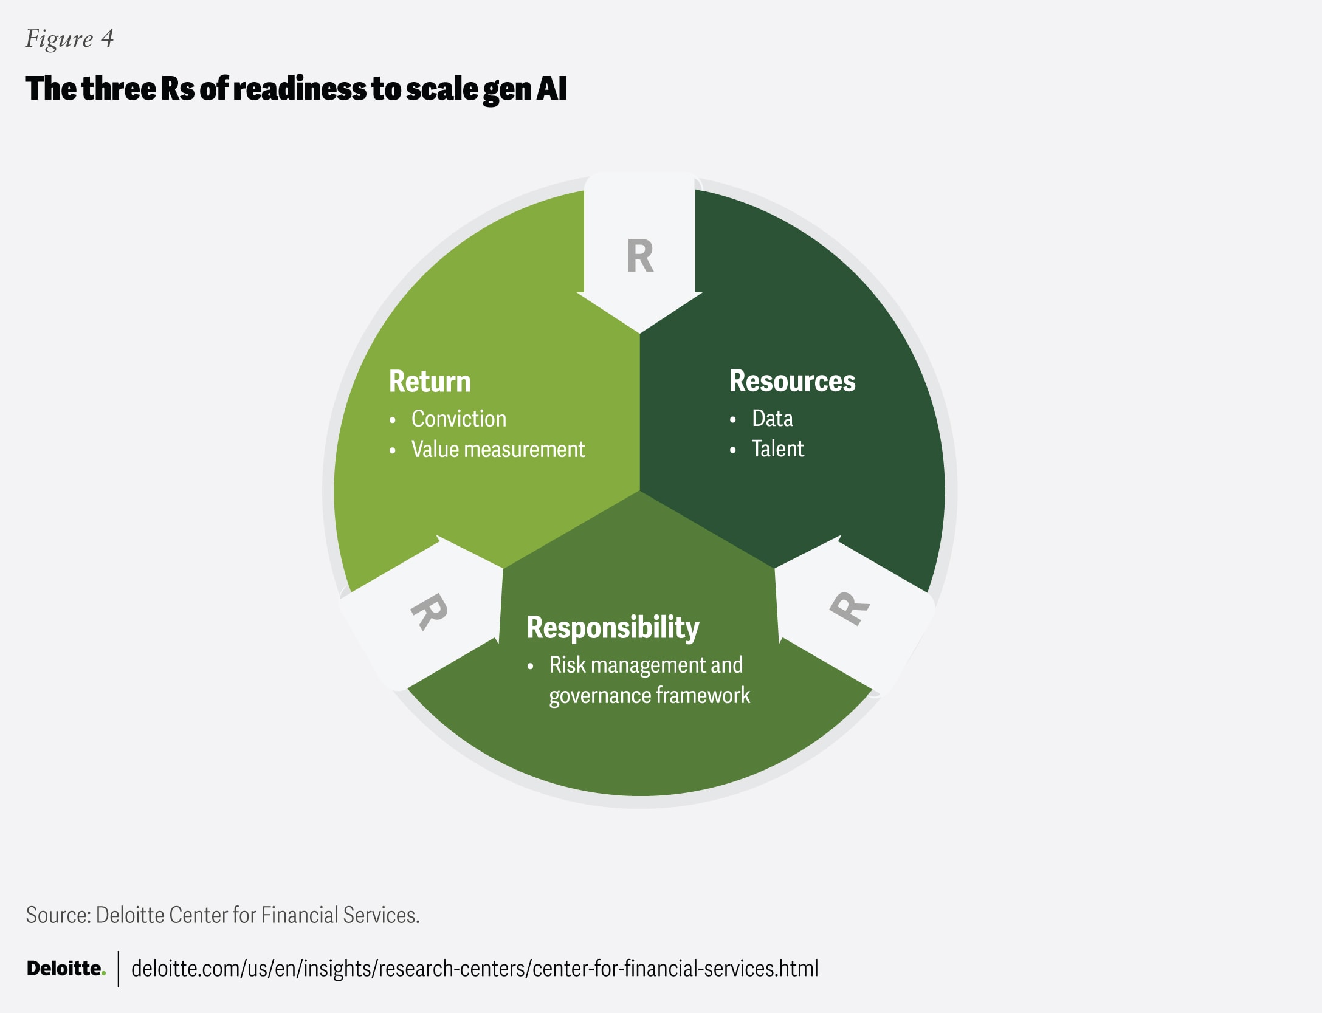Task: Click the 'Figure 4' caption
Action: (69, 38)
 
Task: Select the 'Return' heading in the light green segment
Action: (430, 382)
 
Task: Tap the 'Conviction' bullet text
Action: (458, 419)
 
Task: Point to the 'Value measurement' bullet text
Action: (498, 450)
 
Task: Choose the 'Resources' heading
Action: (792, 381)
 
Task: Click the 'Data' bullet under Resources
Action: (772, 418)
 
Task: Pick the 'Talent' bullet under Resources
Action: (777, 448)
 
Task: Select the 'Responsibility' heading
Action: (613, 627)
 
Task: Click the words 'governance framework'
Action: (649, 695)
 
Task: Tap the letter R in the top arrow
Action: (640, 256)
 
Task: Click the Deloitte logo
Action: (64, 968)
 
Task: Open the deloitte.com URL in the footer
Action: (474, 968)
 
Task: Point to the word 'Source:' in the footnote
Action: (58, 915)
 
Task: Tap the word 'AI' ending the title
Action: (552, 89)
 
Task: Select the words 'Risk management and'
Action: (646, 665)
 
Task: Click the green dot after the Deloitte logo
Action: (103, 974)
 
